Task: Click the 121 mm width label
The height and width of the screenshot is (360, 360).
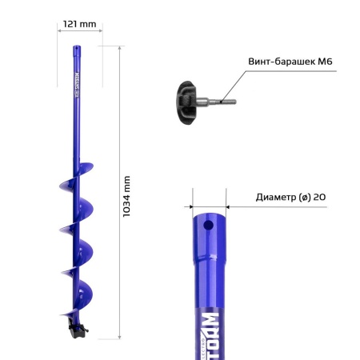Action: (x=81, y=23)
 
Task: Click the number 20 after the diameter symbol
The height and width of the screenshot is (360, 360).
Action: (x=319, y=197)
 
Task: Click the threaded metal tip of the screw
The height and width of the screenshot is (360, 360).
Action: (x=225, y=102)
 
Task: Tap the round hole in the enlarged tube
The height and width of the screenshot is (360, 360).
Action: (x=208, y=226)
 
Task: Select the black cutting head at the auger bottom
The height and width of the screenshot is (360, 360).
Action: (x=77, y=327)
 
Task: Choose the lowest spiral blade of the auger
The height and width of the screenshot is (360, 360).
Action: (x=82, y=295)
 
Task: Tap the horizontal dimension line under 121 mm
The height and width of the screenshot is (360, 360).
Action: (x=81, y=32)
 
